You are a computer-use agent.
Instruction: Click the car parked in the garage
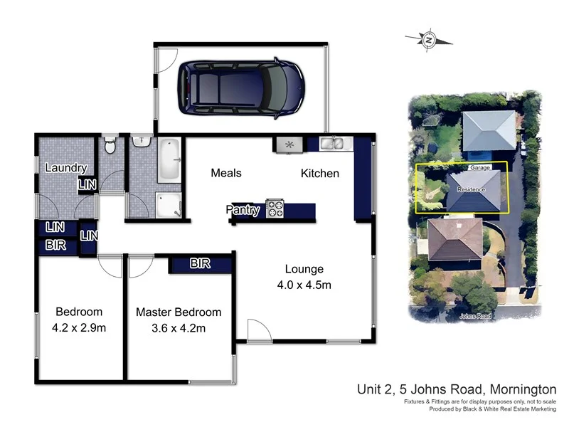(x=240, y=87)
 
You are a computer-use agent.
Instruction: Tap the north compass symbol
(x=428, y=40)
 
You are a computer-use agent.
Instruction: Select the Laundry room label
(x=65, y=169)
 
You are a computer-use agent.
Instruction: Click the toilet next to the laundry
(x=109, y=147)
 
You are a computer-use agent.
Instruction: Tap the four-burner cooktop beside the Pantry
(x=275, y=209)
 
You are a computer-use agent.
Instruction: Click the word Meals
(x=226, y=173)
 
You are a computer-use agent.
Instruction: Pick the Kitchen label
(x=319, y=173)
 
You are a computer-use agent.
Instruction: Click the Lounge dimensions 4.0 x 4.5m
(x=304, y=285)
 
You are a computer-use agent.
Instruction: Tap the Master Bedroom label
(x=179, y=312)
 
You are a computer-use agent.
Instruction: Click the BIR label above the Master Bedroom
(x=200, y=264)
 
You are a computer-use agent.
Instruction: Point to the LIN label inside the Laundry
(x=87, y=185)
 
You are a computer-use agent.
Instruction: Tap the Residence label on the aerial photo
(x=471, y=189)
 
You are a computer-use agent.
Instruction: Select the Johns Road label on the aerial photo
(x=475, y=315)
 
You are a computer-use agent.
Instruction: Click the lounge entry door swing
(x=258, y=330)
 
